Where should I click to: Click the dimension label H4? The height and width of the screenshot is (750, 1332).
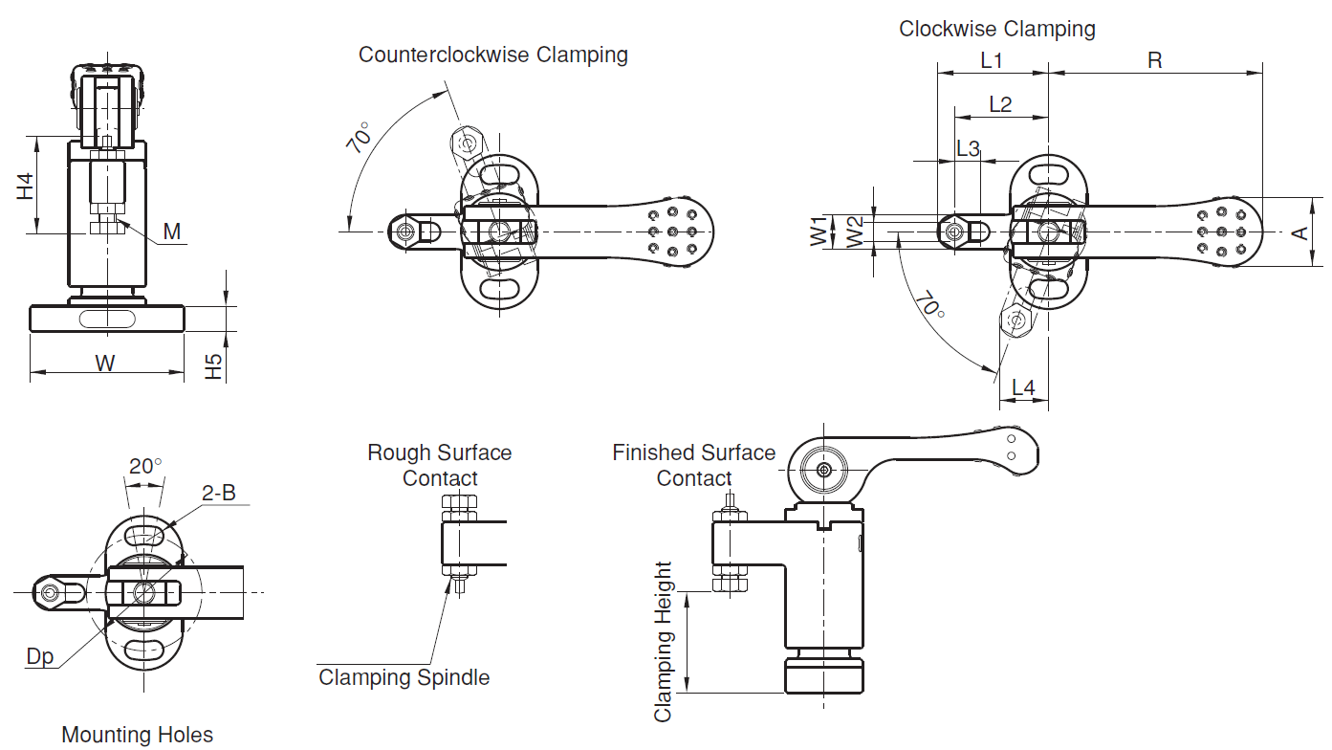point(25,187)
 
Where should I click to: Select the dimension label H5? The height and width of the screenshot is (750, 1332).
point(213,366)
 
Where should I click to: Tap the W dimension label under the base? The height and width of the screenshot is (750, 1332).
point(105,363)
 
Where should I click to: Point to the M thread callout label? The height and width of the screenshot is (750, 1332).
point(172,232)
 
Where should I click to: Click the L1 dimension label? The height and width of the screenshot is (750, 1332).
point(992,60)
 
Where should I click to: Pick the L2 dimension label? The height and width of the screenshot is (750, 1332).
point(1000,104)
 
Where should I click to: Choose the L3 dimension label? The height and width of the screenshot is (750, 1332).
point(968,148)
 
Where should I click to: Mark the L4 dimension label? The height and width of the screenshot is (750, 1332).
point(1023,387)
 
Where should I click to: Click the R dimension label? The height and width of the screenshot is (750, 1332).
point(1154,60)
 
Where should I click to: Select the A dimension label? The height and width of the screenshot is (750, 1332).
point(1300,232)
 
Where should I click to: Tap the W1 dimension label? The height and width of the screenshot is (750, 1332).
point(819,232)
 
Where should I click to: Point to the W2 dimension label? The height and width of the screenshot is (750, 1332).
point(855,232)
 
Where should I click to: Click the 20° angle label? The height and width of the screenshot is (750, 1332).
point(145,466)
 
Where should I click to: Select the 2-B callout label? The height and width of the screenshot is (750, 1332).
point(219,493)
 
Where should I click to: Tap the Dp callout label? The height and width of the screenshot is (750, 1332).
point(40,656)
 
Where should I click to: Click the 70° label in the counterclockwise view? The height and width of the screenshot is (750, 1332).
point(359,138)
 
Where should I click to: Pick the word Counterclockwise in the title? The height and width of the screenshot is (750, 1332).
point(445,55)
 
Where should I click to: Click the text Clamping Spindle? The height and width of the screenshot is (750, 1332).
point(404,677)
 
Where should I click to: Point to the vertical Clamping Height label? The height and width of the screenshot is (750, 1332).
point(663,642)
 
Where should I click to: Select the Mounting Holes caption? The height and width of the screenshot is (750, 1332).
point(138,735)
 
